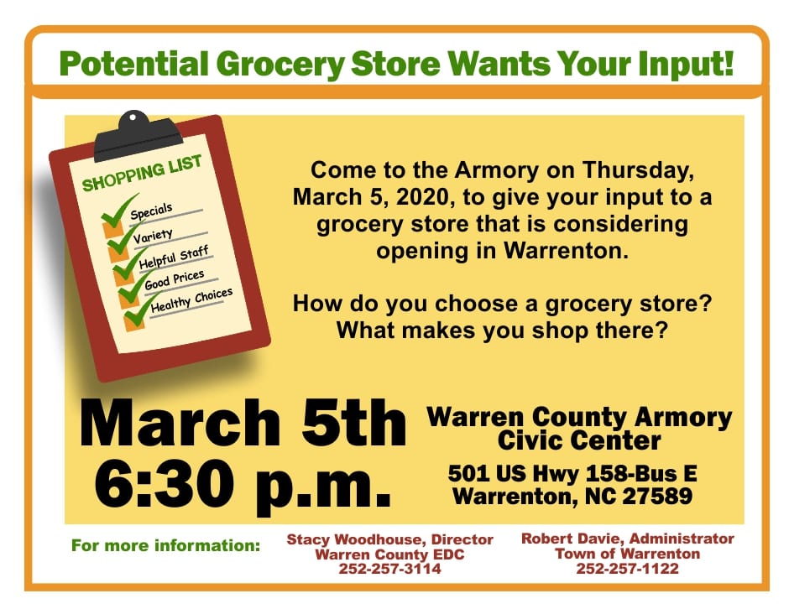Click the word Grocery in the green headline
(x=280, y=65)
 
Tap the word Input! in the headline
(x=686, y=64)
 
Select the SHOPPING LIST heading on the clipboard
(x=142, y=173)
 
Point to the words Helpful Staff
(x=174, y=258)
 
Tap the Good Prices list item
(x=175, y=280)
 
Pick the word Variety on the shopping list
(x=153, y=236)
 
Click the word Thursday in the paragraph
(x=638, y=171)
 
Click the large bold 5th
(x=353, y=423)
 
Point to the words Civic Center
(x=579, y=440)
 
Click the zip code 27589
(x=658, y=497)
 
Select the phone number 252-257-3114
(x=389, y=569)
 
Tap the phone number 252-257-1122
(x=628, y=568)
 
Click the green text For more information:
(x=166, y=545)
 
